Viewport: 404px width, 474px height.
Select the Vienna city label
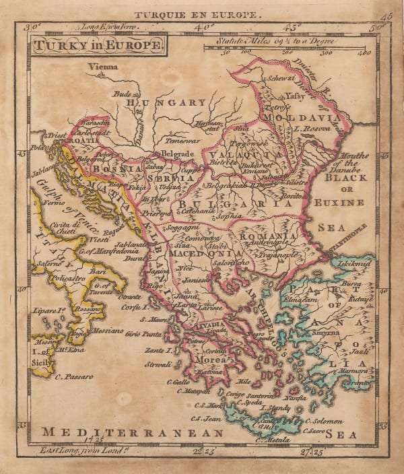(x=102, y=67)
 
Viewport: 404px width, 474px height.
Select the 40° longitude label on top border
(x=199, y=27)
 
